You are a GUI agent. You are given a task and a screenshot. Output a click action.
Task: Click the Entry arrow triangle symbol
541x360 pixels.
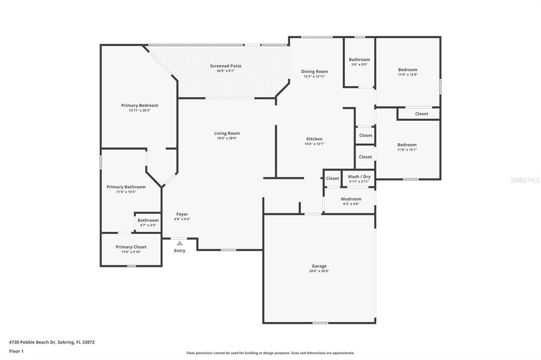[x=180, y=243]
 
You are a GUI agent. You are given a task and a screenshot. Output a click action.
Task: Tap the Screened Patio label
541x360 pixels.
[x=226, y=66]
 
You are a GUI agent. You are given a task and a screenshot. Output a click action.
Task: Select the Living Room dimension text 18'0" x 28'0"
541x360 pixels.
[x=227, y=138]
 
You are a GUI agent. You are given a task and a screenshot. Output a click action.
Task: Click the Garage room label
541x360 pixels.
[x=319, y=266]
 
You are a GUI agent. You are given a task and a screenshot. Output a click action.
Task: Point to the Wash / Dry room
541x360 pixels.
[x=359, y=178]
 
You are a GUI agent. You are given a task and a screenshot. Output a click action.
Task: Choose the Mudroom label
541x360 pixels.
[x=351, y=199]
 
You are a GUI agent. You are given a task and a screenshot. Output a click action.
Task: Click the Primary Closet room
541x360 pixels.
[x=131, y=250]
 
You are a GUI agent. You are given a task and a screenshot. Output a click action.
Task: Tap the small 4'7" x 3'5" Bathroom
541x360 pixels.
[x=148, y=222]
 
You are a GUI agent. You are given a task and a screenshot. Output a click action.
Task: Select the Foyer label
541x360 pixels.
[x=182, y=214]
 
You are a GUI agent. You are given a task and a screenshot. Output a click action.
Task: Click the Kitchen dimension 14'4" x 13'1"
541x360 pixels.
[x=314, y=144]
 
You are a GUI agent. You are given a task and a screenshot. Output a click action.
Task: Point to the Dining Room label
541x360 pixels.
[x=314, y=71]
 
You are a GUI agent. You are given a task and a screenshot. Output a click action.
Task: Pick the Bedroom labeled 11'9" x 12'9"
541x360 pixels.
[x=408, y=72]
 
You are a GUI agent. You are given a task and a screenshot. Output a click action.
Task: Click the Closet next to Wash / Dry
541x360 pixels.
[x=333, y=178]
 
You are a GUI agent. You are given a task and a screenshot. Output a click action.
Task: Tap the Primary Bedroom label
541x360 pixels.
[x=139, y=106]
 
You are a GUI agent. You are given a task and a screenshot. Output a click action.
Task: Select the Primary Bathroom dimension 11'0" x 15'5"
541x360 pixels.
[x=126, y=192]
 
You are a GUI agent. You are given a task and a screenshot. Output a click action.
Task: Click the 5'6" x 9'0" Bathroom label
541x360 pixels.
[x=359, y=60]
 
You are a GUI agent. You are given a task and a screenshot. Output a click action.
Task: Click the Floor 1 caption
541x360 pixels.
[x=16, y=352]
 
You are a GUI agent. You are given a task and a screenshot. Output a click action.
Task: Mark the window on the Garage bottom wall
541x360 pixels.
[x=320, y=323]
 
